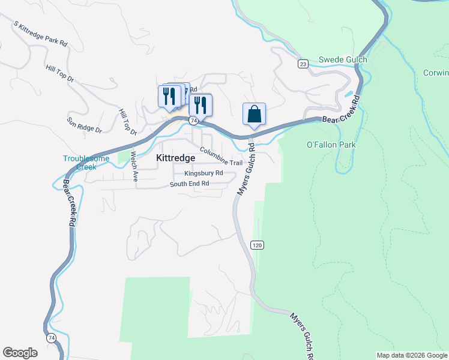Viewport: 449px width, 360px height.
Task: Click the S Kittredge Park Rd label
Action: pos(41,35)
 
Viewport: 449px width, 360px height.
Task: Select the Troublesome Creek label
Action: pos(86,163)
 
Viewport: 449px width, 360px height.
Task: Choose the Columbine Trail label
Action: pos(221,157)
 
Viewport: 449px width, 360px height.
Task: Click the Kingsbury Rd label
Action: pos(203,173)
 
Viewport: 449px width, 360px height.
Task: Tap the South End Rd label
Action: pos(189,184)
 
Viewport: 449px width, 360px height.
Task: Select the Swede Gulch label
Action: pos(343,59)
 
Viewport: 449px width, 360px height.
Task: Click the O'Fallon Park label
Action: pos(331,145)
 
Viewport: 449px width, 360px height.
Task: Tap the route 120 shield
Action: pos(257,245)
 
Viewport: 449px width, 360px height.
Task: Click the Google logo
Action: pos(20,353)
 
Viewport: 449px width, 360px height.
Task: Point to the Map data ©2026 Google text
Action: pos(412,355)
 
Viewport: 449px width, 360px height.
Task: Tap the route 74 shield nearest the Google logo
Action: pos(51,338)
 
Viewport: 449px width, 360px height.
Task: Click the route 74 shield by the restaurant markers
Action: pos(193,121)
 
